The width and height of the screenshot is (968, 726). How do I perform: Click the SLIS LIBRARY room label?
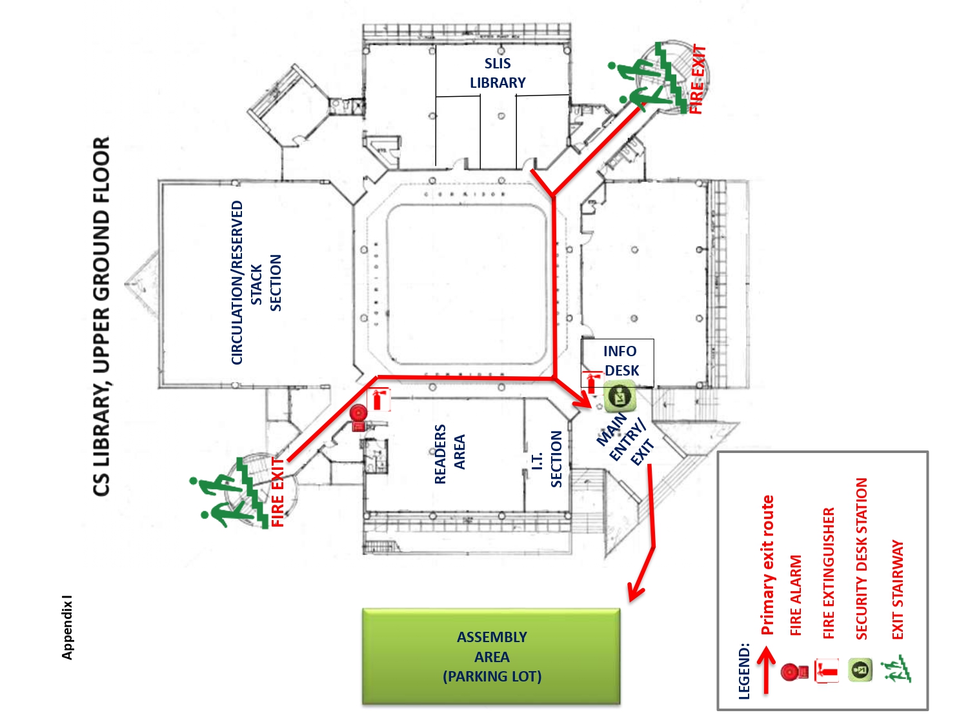498,73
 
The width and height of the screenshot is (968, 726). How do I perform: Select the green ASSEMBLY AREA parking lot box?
491,656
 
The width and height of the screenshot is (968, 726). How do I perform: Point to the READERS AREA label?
449,454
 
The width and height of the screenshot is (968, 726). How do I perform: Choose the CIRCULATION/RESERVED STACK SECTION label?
256,283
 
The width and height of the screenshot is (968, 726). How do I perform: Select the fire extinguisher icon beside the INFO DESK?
591,382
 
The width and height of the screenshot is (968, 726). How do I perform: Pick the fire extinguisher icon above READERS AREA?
379,399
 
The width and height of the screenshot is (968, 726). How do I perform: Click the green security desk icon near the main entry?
619,397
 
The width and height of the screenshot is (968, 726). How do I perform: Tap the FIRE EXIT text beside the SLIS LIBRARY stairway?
698,79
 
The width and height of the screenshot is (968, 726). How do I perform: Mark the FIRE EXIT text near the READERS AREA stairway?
278,492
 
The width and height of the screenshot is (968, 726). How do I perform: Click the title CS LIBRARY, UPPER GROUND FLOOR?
101,316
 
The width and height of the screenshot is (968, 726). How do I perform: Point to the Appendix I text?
67,627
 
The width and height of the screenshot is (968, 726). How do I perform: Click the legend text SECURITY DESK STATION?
862,559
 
